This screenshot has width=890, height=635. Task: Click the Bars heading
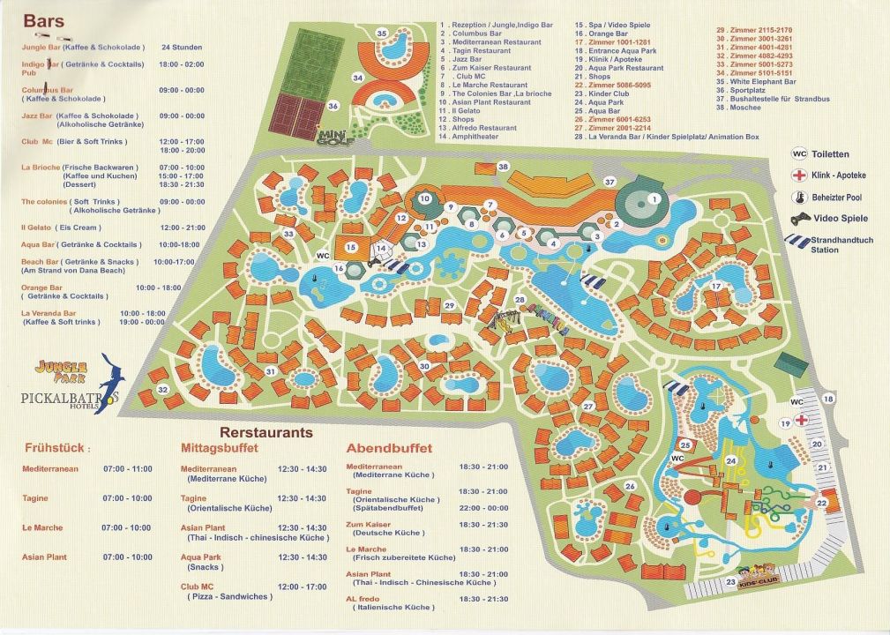pyautogui.click(x=43, y=20)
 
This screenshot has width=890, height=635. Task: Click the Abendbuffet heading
pyautogui.click(x=389, y=448)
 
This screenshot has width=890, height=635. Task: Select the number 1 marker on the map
pyautogui.click(x=654, y=200)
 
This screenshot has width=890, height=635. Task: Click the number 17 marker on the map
pyautogui.click(x=716, y=285)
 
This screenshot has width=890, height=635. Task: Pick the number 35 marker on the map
pyautogui.click(x=382, y=34)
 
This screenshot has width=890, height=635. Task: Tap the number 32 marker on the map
pyautogui.click(x=161, y=390)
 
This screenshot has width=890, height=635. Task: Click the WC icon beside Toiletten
pyautogui.click(x=798, y=152)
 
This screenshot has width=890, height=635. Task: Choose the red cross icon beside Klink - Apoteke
pyautogui.click(x=799, y=175)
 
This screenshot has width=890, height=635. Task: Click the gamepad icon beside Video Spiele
pyautogui.click(x=798, y=219)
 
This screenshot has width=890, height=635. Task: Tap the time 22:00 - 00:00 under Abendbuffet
pyautogui.click(x=483, y=508)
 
